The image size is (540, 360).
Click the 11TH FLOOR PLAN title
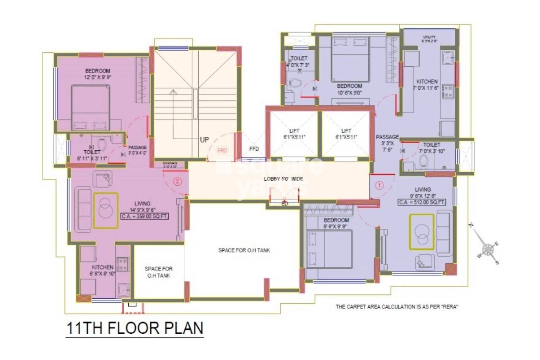click(135, 328)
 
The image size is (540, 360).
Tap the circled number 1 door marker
click(379, 185)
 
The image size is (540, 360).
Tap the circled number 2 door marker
click(177, 182)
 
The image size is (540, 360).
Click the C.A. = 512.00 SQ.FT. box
click(422, 203)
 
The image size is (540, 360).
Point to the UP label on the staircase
click(204, 140)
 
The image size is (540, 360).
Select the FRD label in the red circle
click(222, 150)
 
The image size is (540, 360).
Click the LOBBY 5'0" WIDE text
click(283, 179)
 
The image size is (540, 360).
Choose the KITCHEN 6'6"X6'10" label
click(103, 271)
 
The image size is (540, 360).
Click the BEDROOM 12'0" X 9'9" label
click(97, 74)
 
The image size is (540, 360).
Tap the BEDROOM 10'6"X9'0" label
click(349, 89)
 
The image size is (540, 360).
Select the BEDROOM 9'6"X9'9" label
click(336, 223)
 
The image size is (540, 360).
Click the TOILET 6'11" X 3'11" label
click(92, 155)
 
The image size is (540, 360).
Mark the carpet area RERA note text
click(397, 307)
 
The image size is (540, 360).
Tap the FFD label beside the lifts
click(254, 149)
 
